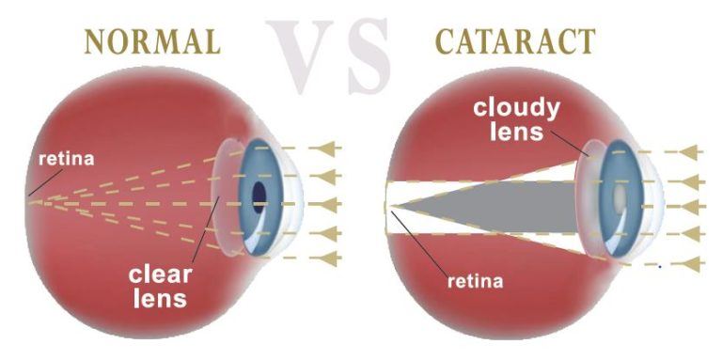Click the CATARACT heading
pos(514,41)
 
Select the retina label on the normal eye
pos(66,159)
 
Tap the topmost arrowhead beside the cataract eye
pos(691,150)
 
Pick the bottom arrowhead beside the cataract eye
pos(691,265)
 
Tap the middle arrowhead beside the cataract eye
pos(691,206)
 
